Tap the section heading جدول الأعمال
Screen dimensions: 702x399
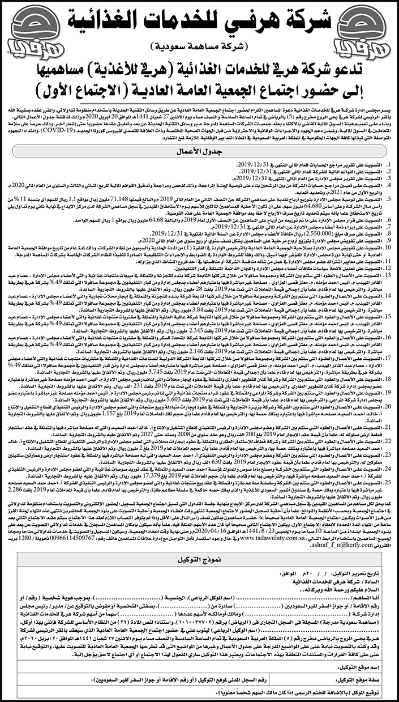200,153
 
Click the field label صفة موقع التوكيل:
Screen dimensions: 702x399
371,677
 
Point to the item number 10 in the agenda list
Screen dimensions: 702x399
386,246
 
